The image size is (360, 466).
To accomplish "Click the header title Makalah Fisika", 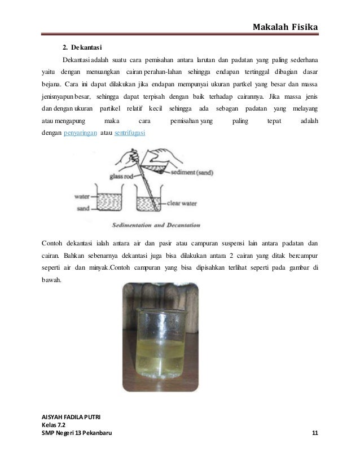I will (286, 27).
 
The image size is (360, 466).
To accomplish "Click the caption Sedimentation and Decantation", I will (149, 225).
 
